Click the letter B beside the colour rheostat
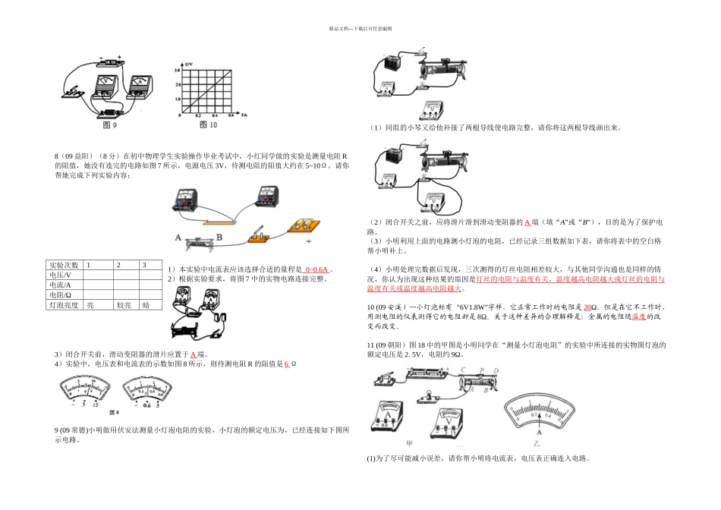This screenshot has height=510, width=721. coord(220,237)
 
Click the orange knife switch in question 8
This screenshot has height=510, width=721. coord(260,234)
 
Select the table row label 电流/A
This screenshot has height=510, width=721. coord(60,285)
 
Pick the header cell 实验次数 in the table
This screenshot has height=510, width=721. coord(64,265)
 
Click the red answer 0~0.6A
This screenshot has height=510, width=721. coord(316,269)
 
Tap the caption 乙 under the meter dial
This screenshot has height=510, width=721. coord(536,442)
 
